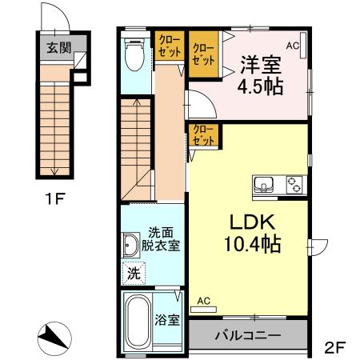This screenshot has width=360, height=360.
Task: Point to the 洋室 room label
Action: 260,60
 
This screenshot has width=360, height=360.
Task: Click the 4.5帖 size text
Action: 260,86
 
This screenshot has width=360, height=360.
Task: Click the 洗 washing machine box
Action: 134,273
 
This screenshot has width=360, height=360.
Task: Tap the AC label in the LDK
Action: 203,301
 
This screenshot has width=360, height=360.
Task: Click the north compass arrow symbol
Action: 55,336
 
